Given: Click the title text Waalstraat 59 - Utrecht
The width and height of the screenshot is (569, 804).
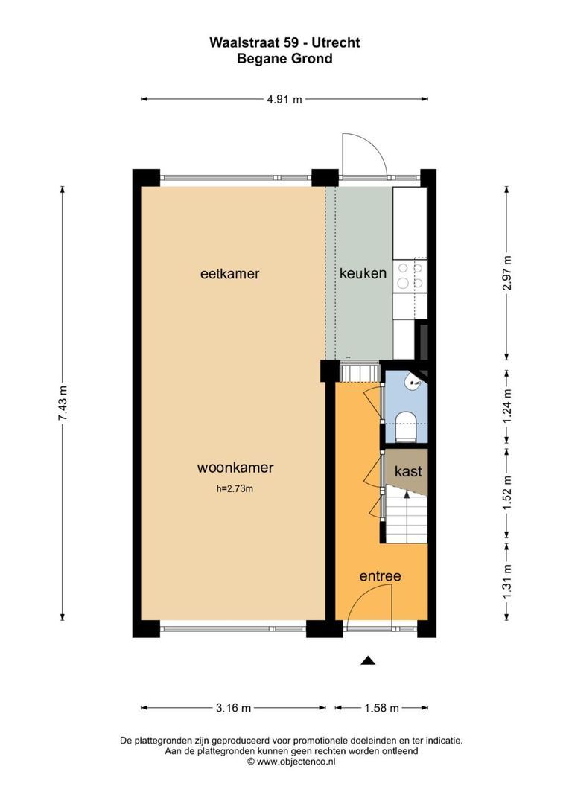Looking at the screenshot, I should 284,43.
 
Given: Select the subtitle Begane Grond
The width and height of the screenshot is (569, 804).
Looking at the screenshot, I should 284,58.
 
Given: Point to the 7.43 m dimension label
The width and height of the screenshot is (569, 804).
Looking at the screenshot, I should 63,403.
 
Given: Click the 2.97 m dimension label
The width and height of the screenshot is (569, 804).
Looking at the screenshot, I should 507,272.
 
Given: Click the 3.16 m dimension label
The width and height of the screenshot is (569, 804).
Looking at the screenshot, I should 233,708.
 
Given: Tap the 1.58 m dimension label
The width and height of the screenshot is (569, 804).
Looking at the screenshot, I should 381,708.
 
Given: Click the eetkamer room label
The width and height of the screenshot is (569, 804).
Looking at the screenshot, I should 229,274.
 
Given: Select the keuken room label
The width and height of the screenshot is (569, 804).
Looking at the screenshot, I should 363,273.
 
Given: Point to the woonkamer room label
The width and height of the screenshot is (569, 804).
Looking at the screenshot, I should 235,468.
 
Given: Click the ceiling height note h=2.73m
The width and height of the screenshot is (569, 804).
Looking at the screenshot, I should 235,488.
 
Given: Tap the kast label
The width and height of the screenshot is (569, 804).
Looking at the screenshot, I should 409,471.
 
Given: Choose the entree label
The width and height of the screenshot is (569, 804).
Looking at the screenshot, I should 380,576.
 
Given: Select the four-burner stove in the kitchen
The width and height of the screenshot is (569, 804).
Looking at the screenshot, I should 409,275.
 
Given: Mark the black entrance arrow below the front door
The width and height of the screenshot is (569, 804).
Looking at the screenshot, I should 368,660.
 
